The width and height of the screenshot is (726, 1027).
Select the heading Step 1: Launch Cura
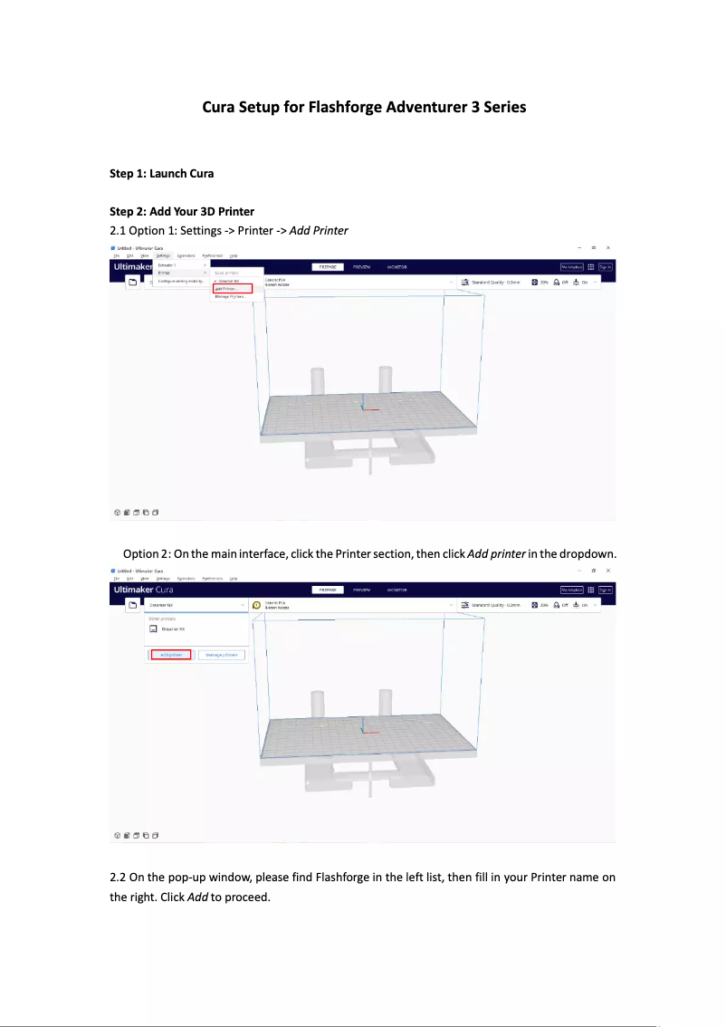coord(161,173)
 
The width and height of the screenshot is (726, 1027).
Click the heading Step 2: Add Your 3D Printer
coord(181,212)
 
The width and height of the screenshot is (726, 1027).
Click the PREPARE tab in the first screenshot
coord(324,267)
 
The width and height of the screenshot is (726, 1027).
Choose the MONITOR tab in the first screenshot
coord(396,267)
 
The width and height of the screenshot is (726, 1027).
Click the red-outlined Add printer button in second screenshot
coord(170,654)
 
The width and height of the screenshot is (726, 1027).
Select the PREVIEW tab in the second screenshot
coord(361,590)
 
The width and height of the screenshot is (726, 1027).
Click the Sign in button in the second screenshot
coord(605,590)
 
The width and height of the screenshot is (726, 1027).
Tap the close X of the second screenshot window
coord(608,571)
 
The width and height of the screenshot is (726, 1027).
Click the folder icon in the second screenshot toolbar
coord(131,604)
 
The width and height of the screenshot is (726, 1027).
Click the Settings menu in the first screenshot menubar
coord(162,256)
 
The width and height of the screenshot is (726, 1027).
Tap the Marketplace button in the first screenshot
coord(572,267)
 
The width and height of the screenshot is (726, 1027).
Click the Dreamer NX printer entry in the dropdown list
coord(172,629)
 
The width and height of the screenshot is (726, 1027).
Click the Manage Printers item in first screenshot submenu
coord(230,296)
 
